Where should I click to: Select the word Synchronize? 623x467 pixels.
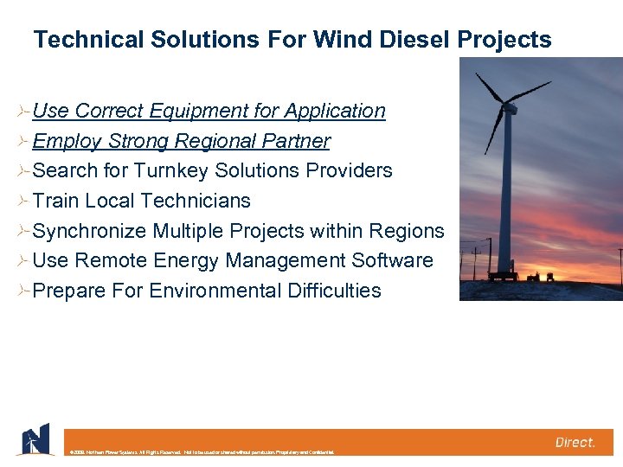[x=89, y=231]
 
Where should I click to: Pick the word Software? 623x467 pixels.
[x=395, y=260]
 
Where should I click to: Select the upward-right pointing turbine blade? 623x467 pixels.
[x=529, y=92]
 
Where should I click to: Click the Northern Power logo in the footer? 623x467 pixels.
[x=34, y=439]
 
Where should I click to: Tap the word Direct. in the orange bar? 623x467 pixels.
[x=575, y=442]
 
